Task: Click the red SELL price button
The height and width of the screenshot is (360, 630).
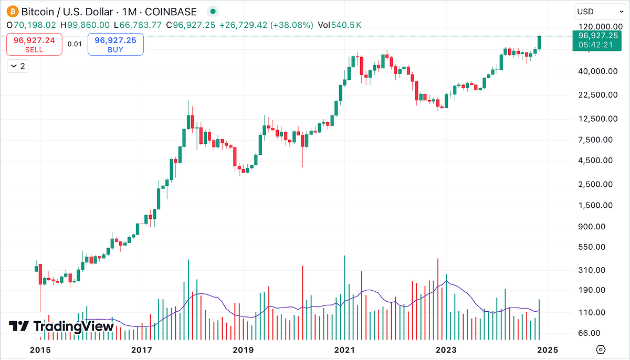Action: pyautogui.click(x=34, y=45)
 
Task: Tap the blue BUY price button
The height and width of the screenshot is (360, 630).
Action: pyautogui.click(x=115, y=45)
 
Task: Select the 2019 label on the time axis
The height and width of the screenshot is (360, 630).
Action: pyautogui.click(x=243, y=350)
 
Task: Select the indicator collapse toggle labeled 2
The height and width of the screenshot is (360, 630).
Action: pyautogui.click(x=17, y=66)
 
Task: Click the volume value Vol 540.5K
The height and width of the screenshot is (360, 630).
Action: pyautogui.click(x=339, y=25)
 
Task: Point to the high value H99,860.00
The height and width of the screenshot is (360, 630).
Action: pyautogui.click(x=85, y=25)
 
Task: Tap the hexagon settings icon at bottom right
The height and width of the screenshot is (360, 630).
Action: pyautogui.click(x=601, y=350)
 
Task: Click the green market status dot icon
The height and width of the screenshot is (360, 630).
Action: pyautogui.click(x=212, y=11)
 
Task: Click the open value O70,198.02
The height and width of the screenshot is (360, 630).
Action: pyautogui.click(x=31, y=25)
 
